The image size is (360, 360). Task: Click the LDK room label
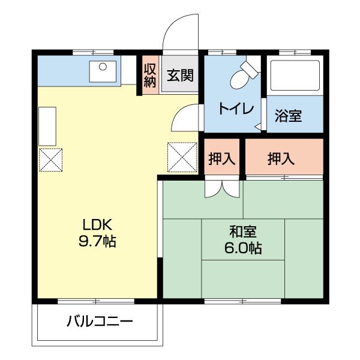click(98, 226)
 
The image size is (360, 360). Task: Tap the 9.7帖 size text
click(98, 242)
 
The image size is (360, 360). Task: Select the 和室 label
click(243, 231)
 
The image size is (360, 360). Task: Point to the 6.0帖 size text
click(243, 248)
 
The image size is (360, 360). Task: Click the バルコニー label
click(100, 322)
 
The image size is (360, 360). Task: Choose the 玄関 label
click(179, 76)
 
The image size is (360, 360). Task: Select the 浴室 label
click(289, 116)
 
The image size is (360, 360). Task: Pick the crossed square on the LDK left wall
click(50, 159)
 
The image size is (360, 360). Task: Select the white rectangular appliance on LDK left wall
click(48, 126)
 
